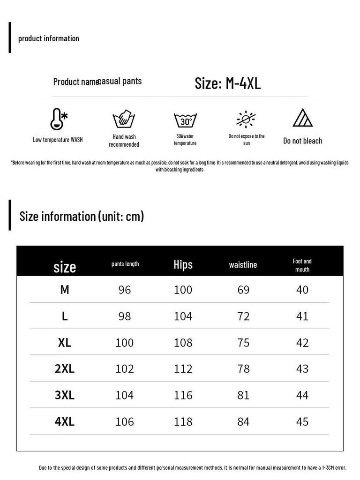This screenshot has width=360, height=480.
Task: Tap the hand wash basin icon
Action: pyautogui.click(x=124, y=120)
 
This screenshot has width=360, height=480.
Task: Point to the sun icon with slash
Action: pyautogui.click(x=246, y=120)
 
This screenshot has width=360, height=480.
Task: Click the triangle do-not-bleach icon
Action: pyautogui.click(x=303, y=118)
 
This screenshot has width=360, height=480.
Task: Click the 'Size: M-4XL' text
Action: pyautogui.click(x=227, y=83)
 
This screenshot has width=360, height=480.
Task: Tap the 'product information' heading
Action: pyautogui.click(x=49, y=38)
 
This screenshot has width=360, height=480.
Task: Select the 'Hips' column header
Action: pyautogui.click(x=183, y=264)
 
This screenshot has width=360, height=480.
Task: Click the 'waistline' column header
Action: pyautogui.click(x=243, y=265)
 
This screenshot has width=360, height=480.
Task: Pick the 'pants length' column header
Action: pyautogui.click(x=125, y=264)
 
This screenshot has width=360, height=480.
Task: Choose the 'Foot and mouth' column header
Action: pyautogui.click(x=302, y=265)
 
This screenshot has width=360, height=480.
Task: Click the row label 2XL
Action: pyautogui.click(x=65, y=369)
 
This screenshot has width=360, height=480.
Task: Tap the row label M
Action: pyautogui.click(x=65, y=290)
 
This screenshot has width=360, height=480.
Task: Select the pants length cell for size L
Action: pyautogui.click(x=125, y=316)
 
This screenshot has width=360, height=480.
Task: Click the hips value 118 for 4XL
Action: pyautogui.click(x=183, y=422)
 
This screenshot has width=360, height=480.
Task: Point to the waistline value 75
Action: pyautogui.click(x=243, y=343)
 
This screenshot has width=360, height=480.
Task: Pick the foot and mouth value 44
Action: pyautogui.click(x=302, y=396)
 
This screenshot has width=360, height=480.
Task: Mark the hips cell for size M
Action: pyautogui.click(x=183, y=290)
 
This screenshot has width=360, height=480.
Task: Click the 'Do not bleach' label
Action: pyautogui.click(x=303, y=141)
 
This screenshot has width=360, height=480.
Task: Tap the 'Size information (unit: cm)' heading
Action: pyautogui.click(x=82, y=216)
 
